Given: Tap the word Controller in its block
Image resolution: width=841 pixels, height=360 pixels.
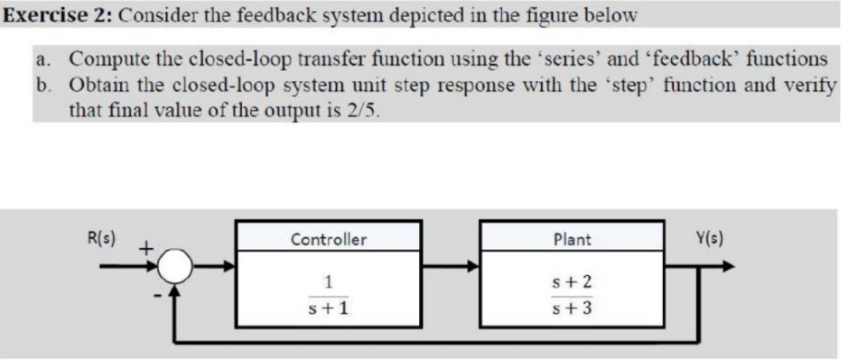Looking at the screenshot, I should (329, 240).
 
